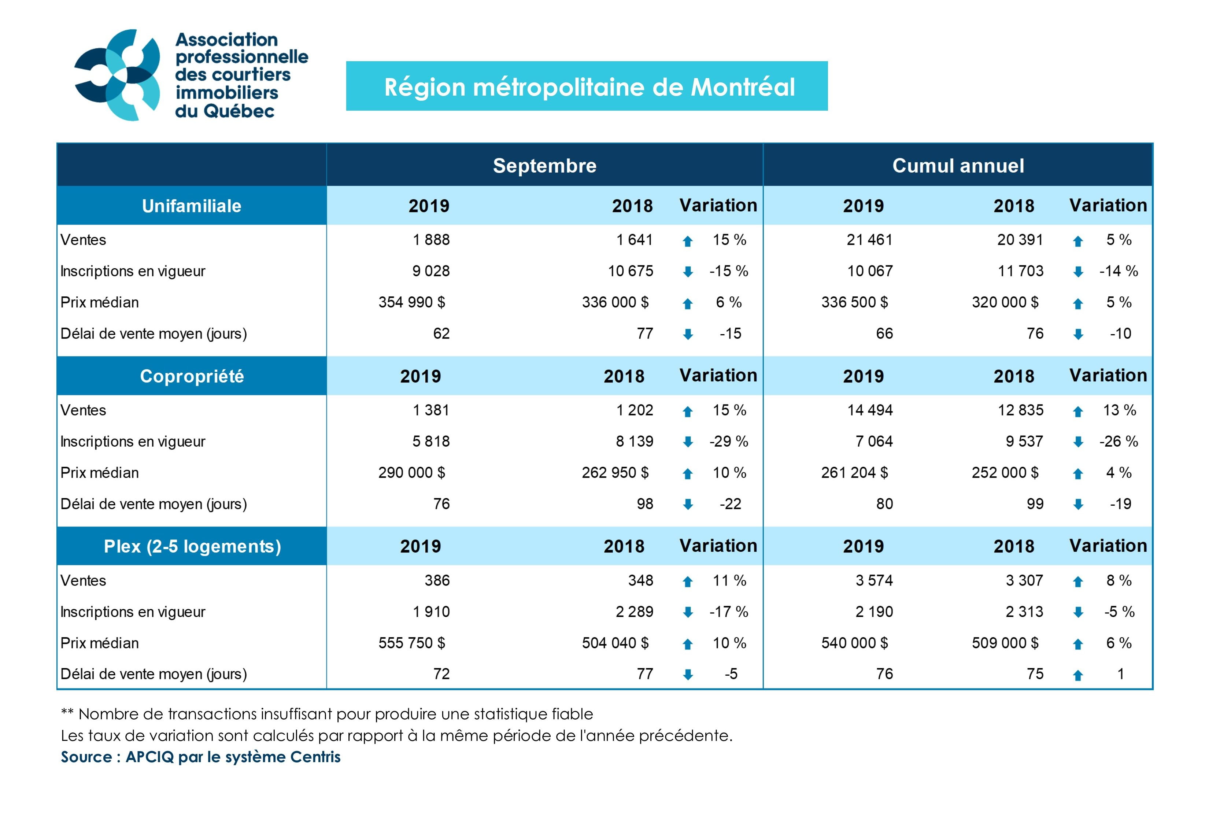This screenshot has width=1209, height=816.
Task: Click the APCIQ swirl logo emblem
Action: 118,75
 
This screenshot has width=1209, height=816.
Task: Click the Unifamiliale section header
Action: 192,206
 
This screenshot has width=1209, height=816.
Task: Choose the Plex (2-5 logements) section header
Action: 192,546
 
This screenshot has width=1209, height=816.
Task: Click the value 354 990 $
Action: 411,302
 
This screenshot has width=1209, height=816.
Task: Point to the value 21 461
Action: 869,240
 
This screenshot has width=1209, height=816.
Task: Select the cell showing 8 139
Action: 634,441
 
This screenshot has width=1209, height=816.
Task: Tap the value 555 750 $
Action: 411,643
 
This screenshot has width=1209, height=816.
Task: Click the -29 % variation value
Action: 728,441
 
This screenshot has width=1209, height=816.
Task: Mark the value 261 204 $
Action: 854,473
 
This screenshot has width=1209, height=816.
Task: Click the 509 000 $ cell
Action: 1005,643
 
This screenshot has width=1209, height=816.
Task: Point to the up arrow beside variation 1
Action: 1078,676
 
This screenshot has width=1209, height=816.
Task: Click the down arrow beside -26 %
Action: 1078,442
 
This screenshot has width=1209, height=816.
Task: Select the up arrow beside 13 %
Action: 1078,411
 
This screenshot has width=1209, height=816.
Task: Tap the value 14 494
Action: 870,410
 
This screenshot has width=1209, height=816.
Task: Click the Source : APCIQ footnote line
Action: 201,757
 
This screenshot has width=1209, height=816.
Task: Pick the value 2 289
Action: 634,612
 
